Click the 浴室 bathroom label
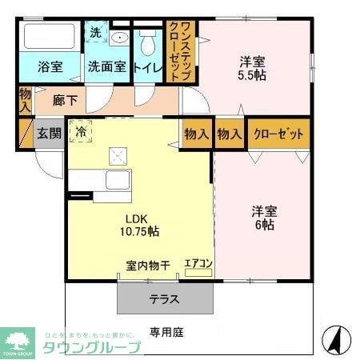click(50, 66)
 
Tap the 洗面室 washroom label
click(106, 66)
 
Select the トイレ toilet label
click(148, 66)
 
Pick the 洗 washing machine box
click(95, 34)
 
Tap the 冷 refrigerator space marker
click(80, 130)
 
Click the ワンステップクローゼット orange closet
click(180, 51)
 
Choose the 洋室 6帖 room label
click(265, 218)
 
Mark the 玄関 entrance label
click(48, 134)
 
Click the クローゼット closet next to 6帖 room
click(278, 134)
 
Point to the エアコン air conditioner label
click(198, 262)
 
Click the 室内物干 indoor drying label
click(146, 265)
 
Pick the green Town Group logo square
click(18, 339)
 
